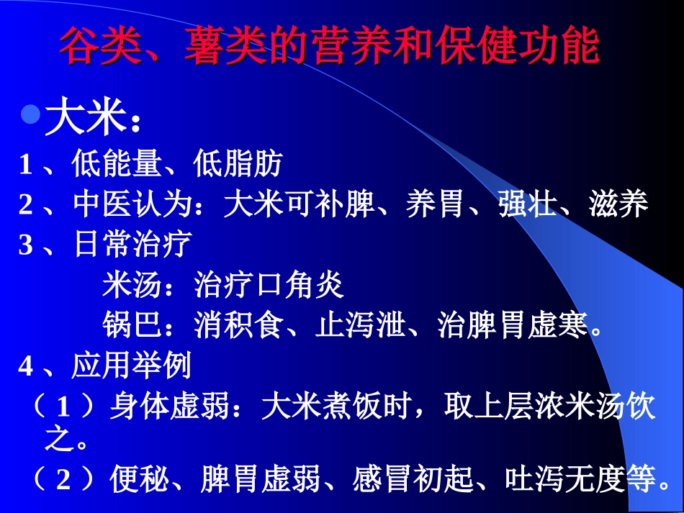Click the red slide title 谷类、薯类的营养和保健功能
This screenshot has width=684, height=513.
tap(328, 47)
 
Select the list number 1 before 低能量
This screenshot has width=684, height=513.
tap(26, 166)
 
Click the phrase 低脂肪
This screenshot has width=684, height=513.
tap(238, 165)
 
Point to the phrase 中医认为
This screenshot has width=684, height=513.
tap(133, 205)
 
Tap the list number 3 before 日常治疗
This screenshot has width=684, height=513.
tap(26, 245)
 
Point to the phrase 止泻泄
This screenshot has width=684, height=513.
tap(361, 326)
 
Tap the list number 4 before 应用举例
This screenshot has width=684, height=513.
tap(26, 367)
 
